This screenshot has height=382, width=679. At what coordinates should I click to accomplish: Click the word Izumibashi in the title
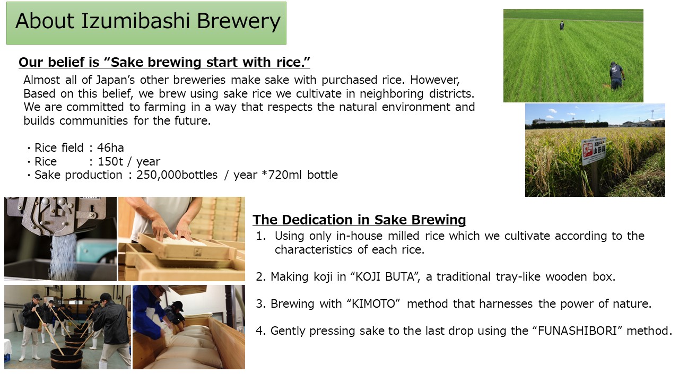pyautogui.click(x=135, y=21)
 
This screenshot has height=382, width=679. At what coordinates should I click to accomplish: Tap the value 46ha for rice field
pyautogui.click(x=110, y=148)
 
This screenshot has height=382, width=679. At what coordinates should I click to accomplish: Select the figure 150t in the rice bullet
pyautogui.click(x=110, y=162)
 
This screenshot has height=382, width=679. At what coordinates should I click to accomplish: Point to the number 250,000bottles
pyautogui.click(x=177, y=175)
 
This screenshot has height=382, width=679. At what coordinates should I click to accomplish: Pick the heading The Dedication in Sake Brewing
pyautogui.click(x=359, y=220)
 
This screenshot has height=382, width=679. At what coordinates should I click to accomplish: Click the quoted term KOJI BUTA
pyautogui.click(x=385, y=277)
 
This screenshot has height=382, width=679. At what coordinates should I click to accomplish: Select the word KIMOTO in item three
pyautogui.click(x=373, y=304)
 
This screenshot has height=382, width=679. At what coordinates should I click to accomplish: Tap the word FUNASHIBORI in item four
pyautogui.click(x=577, y=331)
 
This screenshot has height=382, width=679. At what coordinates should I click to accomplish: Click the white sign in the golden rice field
pyautogui.click(x=594, y=152)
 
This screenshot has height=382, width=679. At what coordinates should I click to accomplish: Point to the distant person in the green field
pyautogui.click(x=562, y=25)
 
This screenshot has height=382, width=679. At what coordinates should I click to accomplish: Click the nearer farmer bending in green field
pyautogui.click(x=616, y=75)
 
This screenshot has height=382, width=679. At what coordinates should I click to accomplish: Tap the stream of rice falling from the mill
pyautogui.click(x=63, y=256)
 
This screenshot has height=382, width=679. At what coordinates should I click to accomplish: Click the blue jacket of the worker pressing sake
pyautogui.click(x=147, y=309)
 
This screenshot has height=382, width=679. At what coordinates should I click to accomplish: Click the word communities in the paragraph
pyautogui.click(x=94, y=121)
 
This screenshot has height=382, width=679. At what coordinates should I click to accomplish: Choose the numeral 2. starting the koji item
pyautogui.click(x=261, y=277)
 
